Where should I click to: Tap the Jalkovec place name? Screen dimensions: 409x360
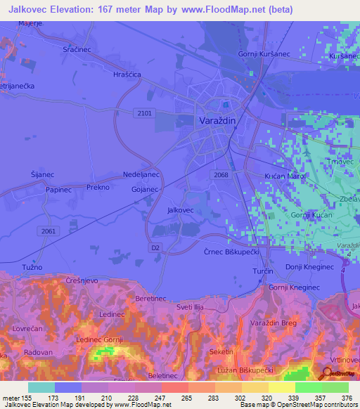pos(180,210)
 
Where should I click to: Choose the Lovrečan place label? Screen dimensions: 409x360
pos(25,328)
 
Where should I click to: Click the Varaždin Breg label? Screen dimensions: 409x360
pos(275,323)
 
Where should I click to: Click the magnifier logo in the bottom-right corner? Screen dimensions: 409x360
pos(328,374)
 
